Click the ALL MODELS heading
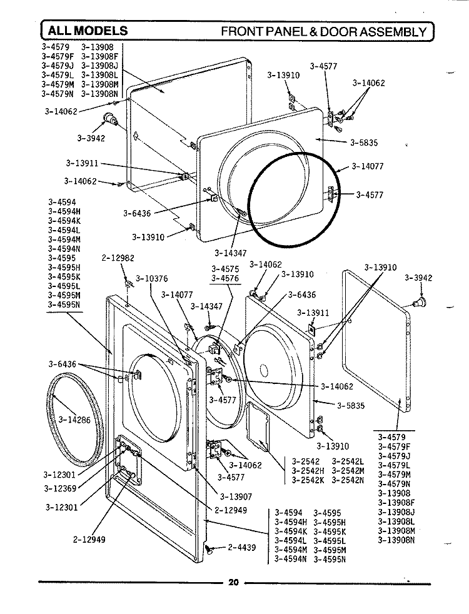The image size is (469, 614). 85,31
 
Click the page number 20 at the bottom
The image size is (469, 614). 233,583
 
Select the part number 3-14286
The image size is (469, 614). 74,420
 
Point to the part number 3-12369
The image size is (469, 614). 61,488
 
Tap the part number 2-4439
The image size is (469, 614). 241,548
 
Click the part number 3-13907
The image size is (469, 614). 236,496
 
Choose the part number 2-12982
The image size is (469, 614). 118,258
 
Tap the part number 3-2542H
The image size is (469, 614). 307,470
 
